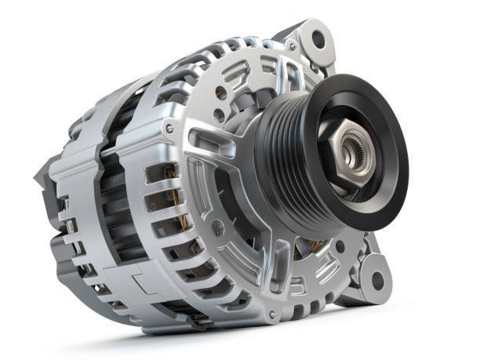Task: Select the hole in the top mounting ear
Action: point(318,38)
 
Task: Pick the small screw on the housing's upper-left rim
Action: point(169,128)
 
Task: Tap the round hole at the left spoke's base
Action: point(217,227)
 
